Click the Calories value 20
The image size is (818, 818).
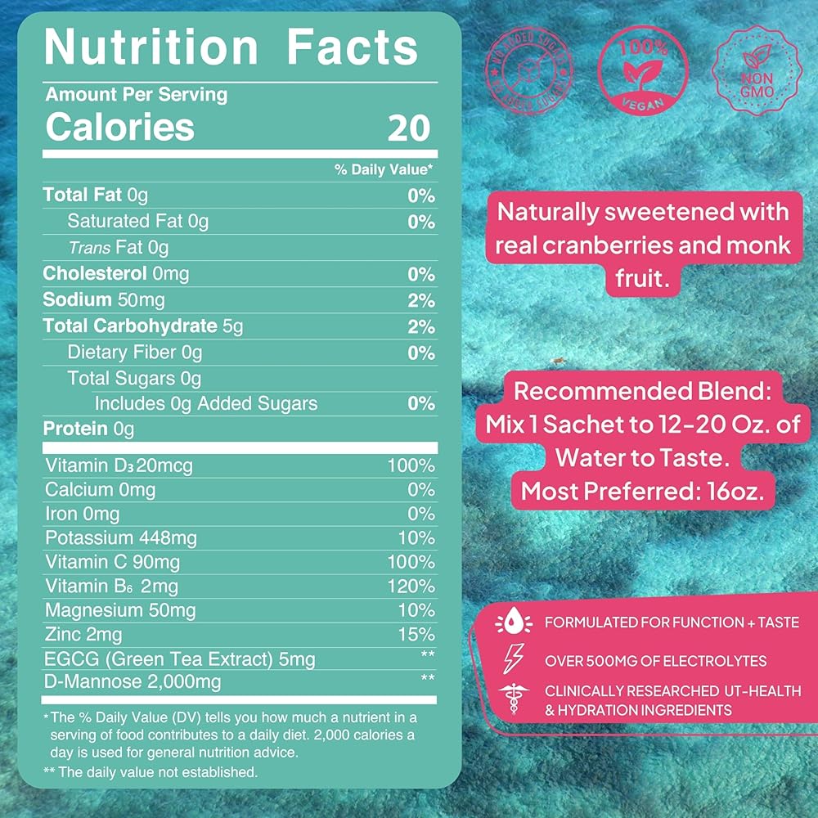pos(408,128)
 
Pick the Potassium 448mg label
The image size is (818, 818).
pos(121,538)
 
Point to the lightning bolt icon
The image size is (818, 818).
pos(515,658)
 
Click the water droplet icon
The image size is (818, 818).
pos(515,624)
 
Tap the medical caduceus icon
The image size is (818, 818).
pos(515,699)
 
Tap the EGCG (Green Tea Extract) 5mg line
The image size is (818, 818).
pos(180,658)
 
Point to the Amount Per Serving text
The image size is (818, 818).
pos(137,95)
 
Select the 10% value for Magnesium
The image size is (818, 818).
pos(417,610)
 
